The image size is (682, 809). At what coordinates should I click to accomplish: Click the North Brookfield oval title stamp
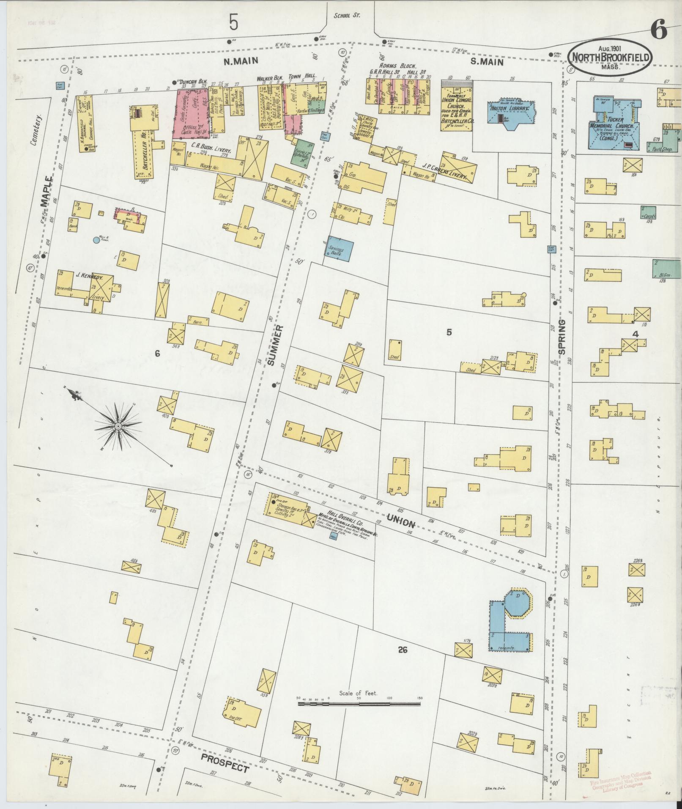click(609, 58)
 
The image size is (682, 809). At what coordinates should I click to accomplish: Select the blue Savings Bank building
click(339, 251)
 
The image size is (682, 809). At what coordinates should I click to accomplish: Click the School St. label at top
click(346, 16)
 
